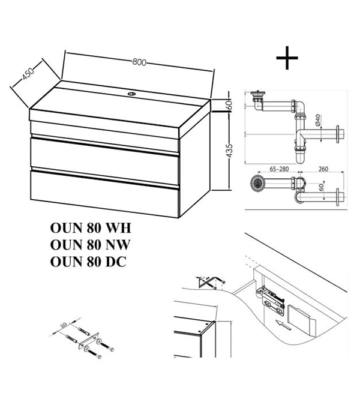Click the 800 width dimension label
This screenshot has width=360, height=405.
139,62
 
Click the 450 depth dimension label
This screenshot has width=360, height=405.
28,74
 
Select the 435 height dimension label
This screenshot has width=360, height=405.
229,151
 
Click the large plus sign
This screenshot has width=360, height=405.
287,58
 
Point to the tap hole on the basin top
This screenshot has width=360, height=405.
133,94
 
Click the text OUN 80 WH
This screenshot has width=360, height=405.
91,228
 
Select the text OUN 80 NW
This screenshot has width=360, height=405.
90,245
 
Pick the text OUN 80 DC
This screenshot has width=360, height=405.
88,262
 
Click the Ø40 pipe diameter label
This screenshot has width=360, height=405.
318,120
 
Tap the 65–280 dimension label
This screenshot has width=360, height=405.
279,169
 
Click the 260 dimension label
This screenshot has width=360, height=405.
323,169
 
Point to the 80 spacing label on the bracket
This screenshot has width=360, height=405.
64,325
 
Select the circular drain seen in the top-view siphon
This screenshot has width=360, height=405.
257,183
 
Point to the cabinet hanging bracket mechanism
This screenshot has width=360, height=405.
271,299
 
